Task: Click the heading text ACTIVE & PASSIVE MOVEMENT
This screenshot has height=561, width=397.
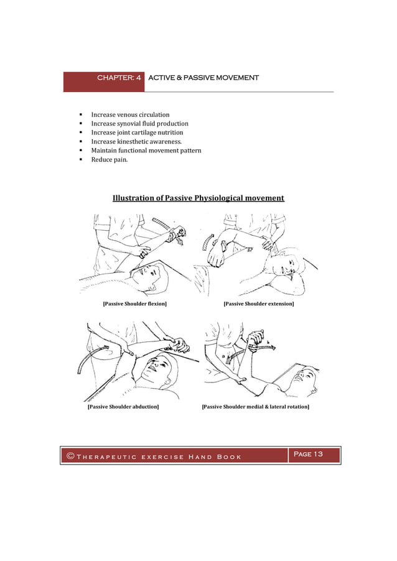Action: [x=203, y=78]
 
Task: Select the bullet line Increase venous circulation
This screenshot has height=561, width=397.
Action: [x=130, y=115]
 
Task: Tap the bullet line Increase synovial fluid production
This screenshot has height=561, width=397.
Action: [x=139, y=124]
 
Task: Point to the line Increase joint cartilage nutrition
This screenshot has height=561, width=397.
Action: [x=137, y=132]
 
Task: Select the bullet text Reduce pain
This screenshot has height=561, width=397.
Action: [x=110, y=160]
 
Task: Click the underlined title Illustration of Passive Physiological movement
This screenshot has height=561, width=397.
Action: [x=198, y=198]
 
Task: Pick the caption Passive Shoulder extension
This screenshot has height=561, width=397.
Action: [x=258, y=304]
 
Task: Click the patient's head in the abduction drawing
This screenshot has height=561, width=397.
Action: [x=151, y=367]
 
